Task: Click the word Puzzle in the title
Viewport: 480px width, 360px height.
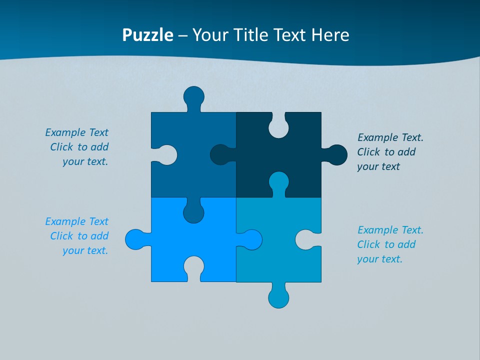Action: coord(148,35)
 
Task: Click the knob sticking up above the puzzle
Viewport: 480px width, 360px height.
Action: coord(193,96)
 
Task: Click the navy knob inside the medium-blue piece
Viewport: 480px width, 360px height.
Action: coord(220,155)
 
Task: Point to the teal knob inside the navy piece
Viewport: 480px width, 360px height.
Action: coord(278,181)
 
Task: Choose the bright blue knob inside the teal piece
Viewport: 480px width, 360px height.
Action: coord(252,239)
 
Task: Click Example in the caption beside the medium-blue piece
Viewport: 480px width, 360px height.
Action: coord(65,132)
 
